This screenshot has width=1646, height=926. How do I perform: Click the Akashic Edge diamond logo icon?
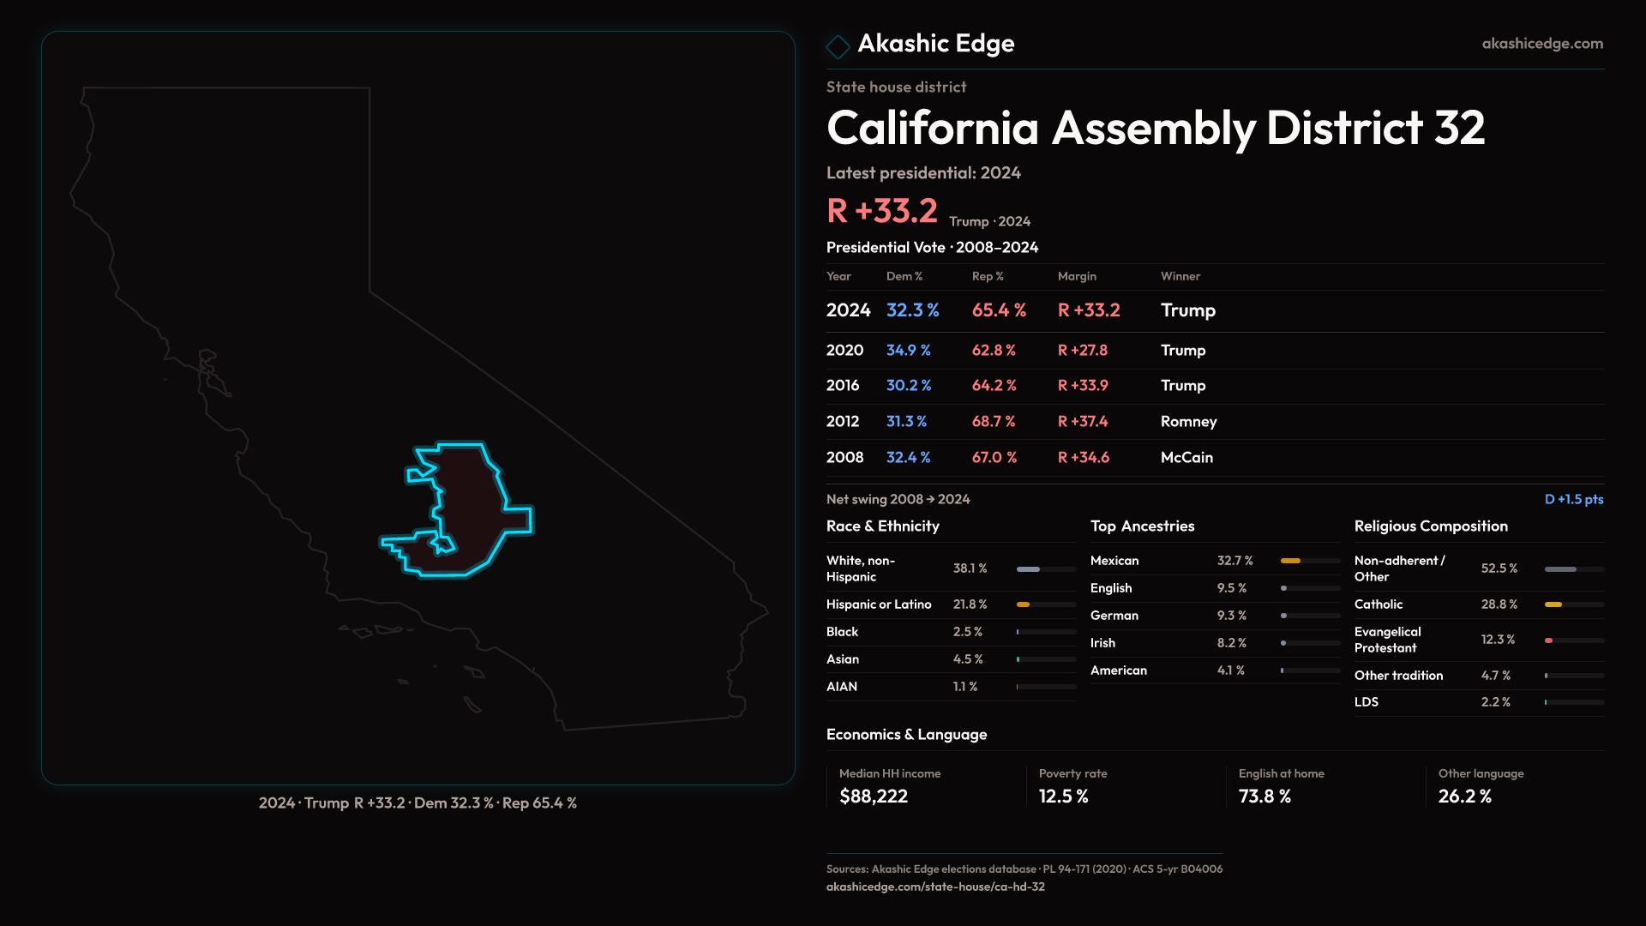pos(838,45)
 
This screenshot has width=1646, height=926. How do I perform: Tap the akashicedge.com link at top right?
pos(1542,44)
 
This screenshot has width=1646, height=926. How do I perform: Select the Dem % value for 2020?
pos(908,351)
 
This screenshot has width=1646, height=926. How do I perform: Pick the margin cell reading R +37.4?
pos(1083,422)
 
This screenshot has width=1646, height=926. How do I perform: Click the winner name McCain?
pos(1186,458)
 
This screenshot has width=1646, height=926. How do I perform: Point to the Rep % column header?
pos(988,277)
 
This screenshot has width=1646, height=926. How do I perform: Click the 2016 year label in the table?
pos(843,386)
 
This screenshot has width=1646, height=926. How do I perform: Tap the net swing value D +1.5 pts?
pos(1573,500)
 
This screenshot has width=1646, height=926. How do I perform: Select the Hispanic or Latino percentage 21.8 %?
pos(970,604)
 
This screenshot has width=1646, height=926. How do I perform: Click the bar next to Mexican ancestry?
pos(1310,561)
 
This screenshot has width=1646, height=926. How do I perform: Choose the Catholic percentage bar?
pos(1574,604)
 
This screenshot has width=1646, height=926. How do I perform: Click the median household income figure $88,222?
pos(874,797)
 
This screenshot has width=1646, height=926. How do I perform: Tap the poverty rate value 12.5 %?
pos(1063,797)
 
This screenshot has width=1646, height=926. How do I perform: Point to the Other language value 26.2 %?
pos(1464,797)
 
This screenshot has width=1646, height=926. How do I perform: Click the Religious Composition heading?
pos(1431,526)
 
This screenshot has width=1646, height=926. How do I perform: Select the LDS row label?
pos(1367,702)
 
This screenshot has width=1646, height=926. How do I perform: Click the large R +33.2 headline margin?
pos(882,211)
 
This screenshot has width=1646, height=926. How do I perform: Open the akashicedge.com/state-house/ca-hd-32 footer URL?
pos(935,887)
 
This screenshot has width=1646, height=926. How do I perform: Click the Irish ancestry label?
pos(1102,643)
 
